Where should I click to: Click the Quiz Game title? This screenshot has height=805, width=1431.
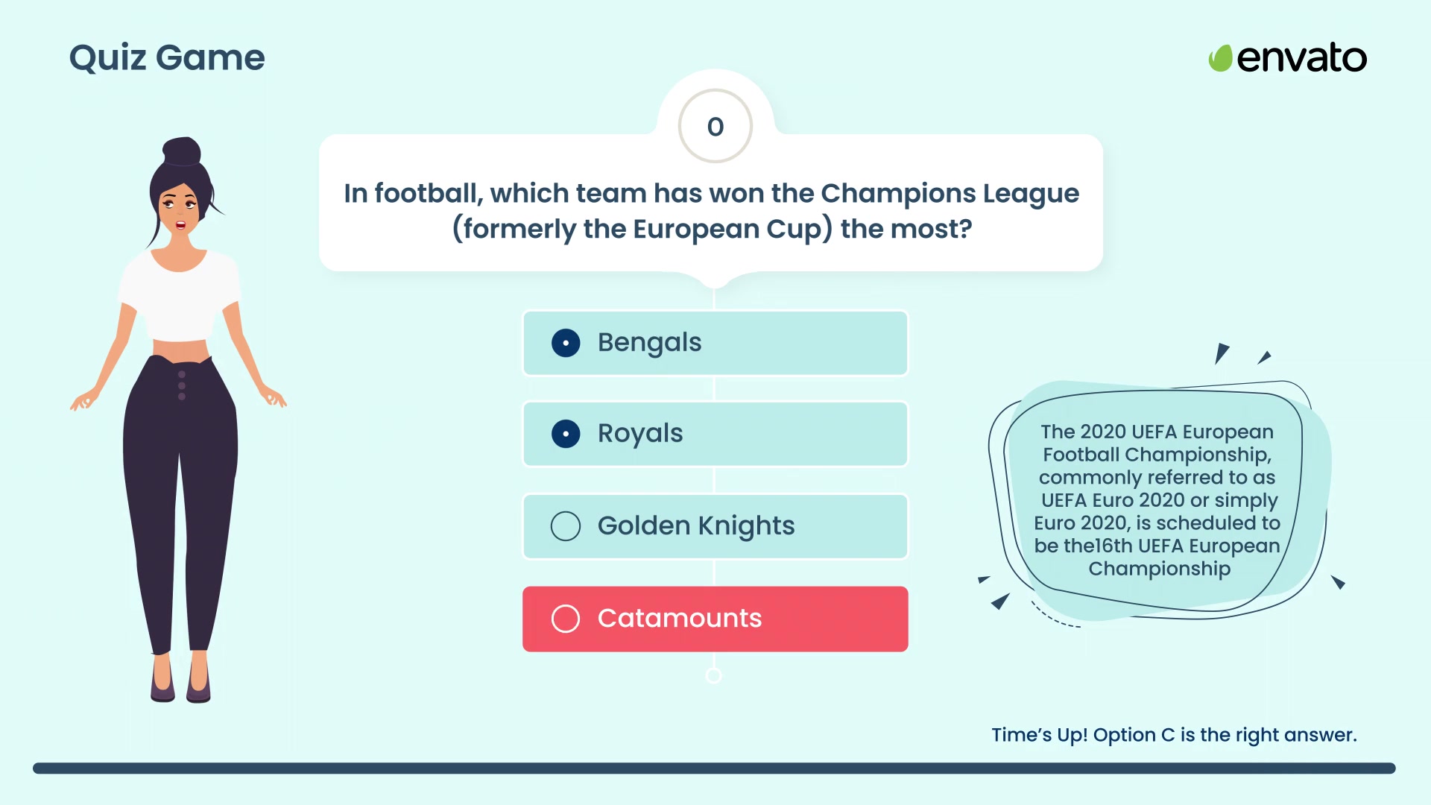[x=167, y=58]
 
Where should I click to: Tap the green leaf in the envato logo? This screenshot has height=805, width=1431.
[x=1220, y=58]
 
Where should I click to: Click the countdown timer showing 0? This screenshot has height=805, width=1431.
[x=715, y=127]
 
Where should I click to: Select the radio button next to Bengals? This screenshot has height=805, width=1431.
[x=566, y=343]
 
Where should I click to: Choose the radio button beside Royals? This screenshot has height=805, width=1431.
[x=566, y=434]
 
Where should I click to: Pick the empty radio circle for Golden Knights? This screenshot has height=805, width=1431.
[x=566, y=526]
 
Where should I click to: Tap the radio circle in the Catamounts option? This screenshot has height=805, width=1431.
[x=566, y=619]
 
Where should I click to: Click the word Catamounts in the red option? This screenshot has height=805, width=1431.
[x=680, y=618]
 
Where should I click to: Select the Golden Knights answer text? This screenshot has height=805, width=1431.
[x=696, y=526]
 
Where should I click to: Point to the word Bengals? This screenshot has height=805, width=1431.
[x=650, y=343]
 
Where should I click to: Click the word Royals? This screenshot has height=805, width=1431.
[x=640, y=434]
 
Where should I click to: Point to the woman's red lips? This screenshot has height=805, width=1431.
[x=180, y=224]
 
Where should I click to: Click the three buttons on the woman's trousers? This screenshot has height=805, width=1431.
[x=182, y=385]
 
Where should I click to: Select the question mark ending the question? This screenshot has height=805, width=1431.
[x=965, y=228]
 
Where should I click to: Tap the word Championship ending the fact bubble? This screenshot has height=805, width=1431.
[x=1160, y=569]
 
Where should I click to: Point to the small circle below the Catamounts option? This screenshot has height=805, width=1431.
[x=713, y=675]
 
